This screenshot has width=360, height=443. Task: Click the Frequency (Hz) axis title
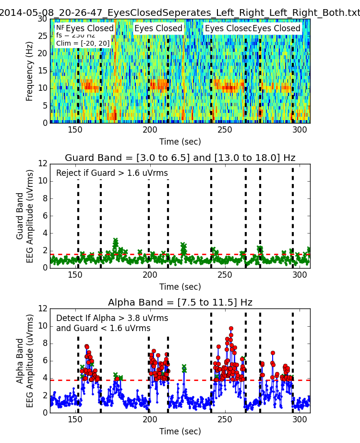pos(30,71)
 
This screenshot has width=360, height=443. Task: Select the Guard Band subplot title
pos(180,158)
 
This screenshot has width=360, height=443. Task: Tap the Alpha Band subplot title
pos(180,303)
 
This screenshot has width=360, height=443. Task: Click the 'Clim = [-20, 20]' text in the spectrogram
pos(83,44)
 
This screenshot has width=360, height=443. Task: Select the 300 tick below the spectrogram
pos(300,130)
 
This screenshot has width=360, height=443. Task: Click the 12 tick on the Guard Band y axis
pos(43,164)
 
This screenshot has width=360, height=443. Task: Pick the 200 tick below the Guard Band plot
pos(150,275)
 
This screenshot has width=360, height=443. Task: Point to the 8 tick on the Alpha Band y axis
pos(45,343)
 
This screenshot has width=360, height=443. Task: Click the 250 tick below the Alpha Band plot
pos(225,419)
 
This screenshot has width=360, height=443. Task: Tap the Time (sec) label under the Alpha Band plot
pos(180,431)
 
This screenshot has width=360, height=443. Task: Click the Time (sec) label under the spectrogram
pos(180,142)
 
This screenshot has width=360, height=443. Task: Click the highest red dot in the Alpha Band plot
pos(231,329)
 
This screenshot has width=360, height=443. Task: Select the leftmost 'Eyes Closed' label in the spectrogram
pos(89,29)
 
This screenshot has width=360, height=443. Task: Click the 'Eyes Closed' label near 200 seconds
pos(158,29)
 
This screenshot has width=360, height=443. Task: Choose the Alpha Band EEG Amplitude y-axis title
pos(25,360)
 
